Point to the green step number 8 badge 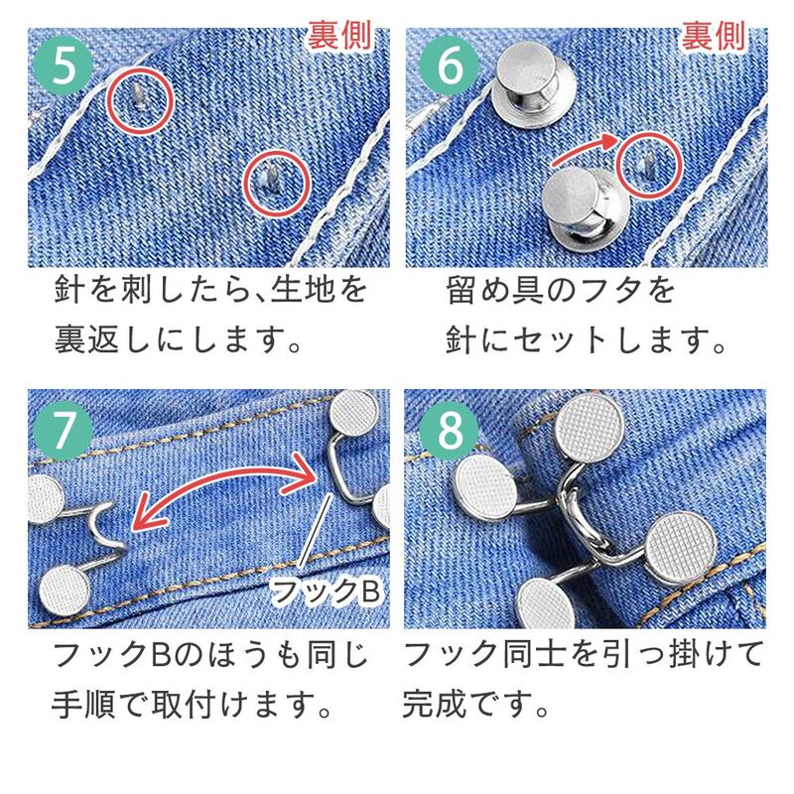click(450, 431)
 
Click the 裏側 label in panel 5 click(339, 36)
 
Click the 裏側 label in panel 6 click(714, 36)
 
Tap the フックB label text click(327, 591)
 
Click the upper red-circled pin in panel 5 click(139, 97)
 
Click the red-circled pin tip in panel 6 click(649, 163)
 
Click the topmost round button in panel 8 click(590, 428)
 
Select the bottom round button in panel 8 click(547, 604)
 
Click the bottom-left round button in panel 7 click(65, 591)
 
